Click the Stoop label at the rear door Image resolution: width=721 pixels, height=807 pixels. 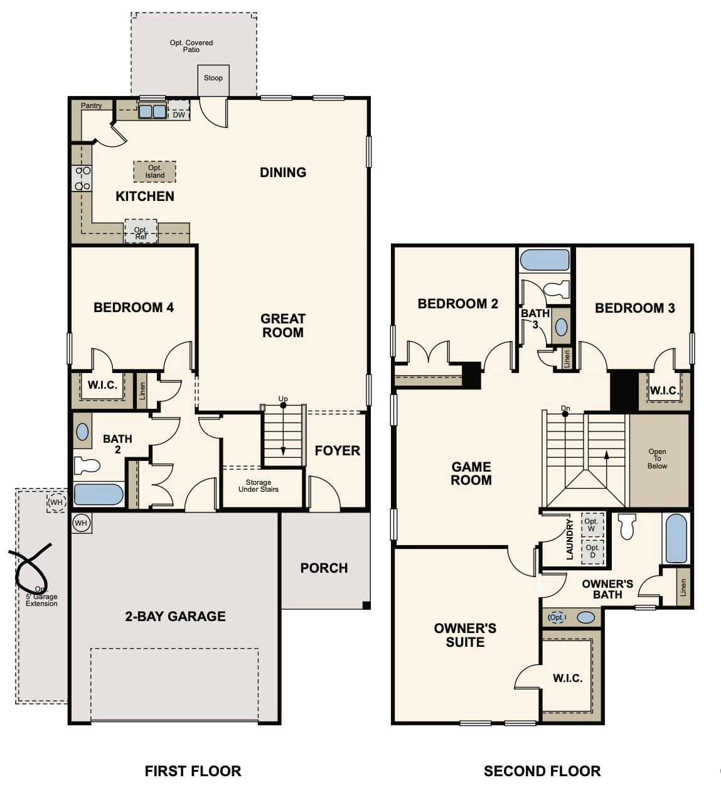point(213,78)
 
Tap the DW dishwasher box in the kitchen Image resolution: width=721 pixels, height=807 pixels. point(179,114)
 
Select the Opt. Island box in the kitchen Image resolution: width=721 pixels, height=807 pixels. point(154,171)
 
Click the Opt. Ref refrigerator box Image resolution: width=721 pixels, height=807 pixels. point(141,232)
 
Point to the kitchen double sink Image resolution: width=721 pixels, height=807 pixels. point(152,112)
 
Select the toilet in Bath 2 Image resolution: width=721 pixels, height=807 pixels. point(87,465)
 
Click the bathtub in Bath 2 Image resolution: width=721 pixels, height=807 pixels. point(99,494)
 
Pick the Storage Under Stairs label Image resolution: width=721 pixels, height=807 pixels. point(259,486)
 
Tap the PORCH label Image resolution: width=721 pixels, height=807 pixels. point(324,568)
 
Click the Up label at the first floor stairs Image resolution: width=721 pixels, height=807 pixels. point(283,399)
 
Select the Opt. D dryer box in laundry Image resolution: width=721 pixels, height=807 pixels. point(592,551)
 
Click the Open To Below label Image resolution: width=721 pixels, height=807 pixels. point(657,459)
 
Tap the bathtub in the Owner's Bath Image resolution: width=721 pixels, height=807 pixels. point(676,538)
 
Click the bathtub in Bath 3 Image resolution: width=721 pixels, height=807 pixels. point(545,260)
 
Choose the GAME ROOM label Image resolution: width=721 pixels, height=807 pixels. point(471,473)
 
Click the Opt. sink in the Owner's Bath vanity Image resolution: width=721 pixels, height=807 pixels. point(557,617)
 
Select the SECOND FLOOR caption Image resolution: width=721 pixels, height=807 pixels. point(542,771)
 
